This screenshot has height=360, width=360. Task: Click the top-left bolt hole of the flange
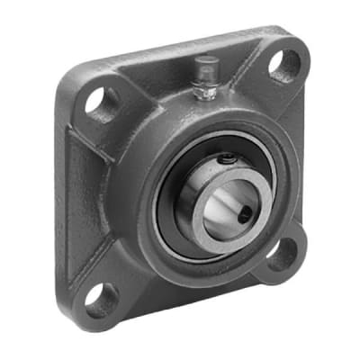tap(98, 101)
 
